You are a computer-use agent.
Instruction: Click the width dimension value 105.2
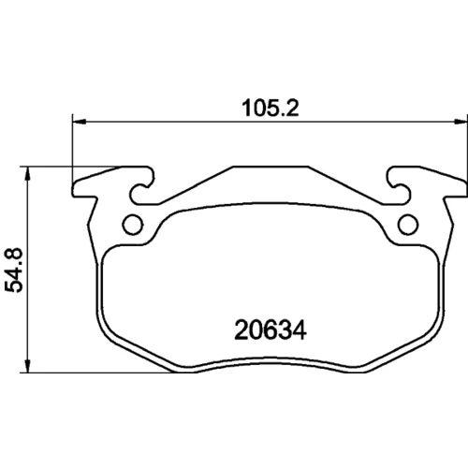[271, 108]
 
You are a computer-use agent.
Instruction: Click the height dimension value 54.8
[14, 271]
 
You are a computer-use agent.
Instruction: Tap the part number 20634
[271, 330]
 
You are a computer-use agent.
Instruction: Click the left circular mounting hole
[133, 225]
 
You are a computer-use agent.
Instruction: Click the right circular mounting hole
[408, 225]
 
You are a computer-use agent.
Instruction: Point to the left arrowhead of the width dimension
[79, 122]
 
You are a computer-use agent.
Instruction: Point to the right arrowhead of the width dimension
[461, 122]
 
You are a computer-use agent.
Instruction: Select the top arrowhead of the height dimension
[28, 173]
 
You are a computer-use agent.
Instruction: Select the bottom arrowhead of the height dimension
[28, 365]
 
